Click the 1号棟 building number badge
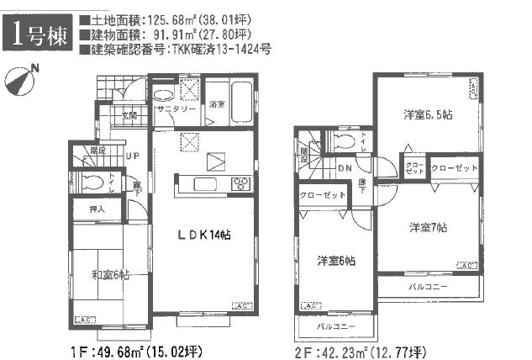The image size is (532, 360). (38, 34)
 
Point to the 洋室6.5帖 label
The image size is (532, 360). (429, 114)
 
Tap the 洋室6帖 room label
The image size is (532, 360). (335, 261)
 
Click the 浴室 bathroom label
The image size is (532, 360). (216, 104)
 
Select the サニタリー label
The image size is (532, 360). (175, 110)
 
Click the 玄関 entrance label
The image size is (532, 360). (129, 116)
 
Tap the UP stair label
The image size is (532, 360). (133, 156)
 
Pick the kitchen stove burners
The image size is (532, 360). (240, 183)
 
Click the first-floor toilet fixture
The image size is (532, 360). (88, 181)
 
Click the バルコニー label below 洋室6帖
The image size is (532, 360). (335, 326)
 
